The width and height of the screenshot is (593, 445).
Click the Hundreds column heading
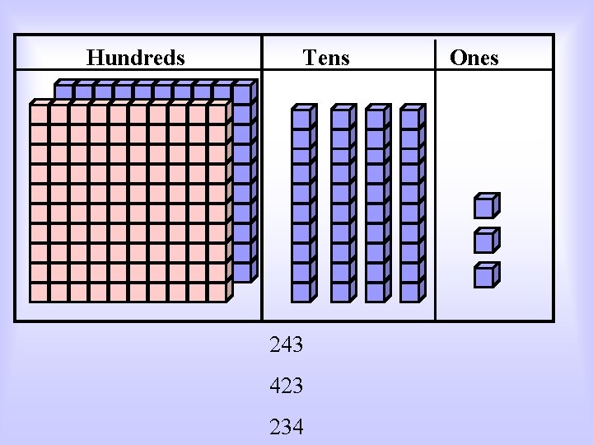136,58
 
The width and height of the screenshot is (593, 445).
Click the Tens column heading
326,58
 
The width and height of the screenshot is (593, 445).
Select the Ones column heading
474,58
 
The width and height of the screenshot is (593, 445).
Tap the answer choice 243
287,344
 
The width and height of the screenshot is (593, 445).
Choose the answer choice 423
287,385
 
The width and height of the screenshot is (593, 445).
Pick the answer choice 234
287,427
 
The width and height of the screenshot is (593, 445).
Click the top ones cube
486,204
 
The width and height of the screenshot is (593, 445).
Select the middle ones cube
486,239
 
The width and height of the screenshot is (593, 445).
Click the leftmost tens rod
303,203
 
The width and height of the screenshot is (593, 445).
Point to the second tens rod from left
341,203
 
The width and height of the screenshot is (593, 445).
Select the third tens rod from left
376,203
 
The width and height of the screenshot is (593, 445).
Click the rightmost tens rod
411,203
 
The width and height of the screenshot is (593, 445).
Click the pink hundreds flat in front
128,203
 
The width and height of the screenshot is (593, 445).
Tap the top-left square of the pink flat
39,113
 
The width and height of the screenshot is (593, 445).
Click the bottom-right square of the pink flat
217,292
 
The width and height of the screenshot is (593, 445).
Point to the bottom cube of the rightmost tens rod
410,291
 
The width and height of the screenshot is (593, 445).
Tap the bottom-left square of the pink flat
39,292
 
